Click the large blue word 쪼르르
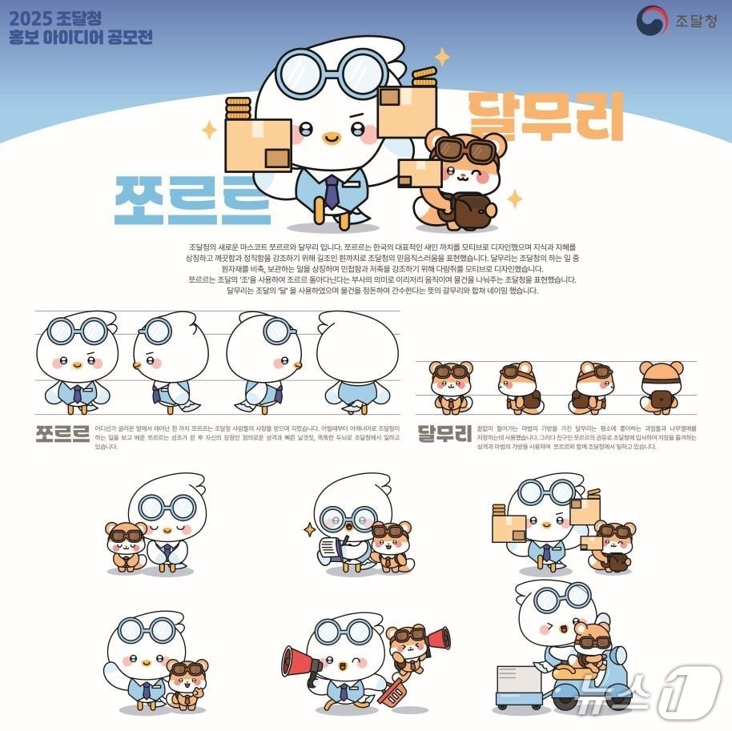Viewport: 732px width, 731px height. coord(192,198)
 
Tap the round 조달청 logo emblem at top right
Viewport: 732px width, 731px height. coord(652,21)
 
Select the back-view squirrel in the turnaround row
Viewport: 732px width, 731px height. coord(661,388)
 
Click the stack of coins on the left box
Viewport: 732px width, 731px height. coord(238,108)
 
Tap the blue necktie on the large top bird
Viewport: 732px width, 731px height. coord(331,192)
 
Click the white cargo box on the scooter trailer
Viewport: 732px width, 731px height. coord(520,681)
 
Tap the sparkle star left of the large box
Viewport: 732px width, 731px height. coord(209,130)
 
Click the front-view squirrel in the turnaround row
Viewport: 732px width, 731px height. coord(451,388)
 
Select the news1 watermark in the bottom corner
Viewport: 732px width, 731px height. coord(649,691)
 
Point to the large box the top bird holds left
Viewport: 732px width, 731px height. coord(258,145)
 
